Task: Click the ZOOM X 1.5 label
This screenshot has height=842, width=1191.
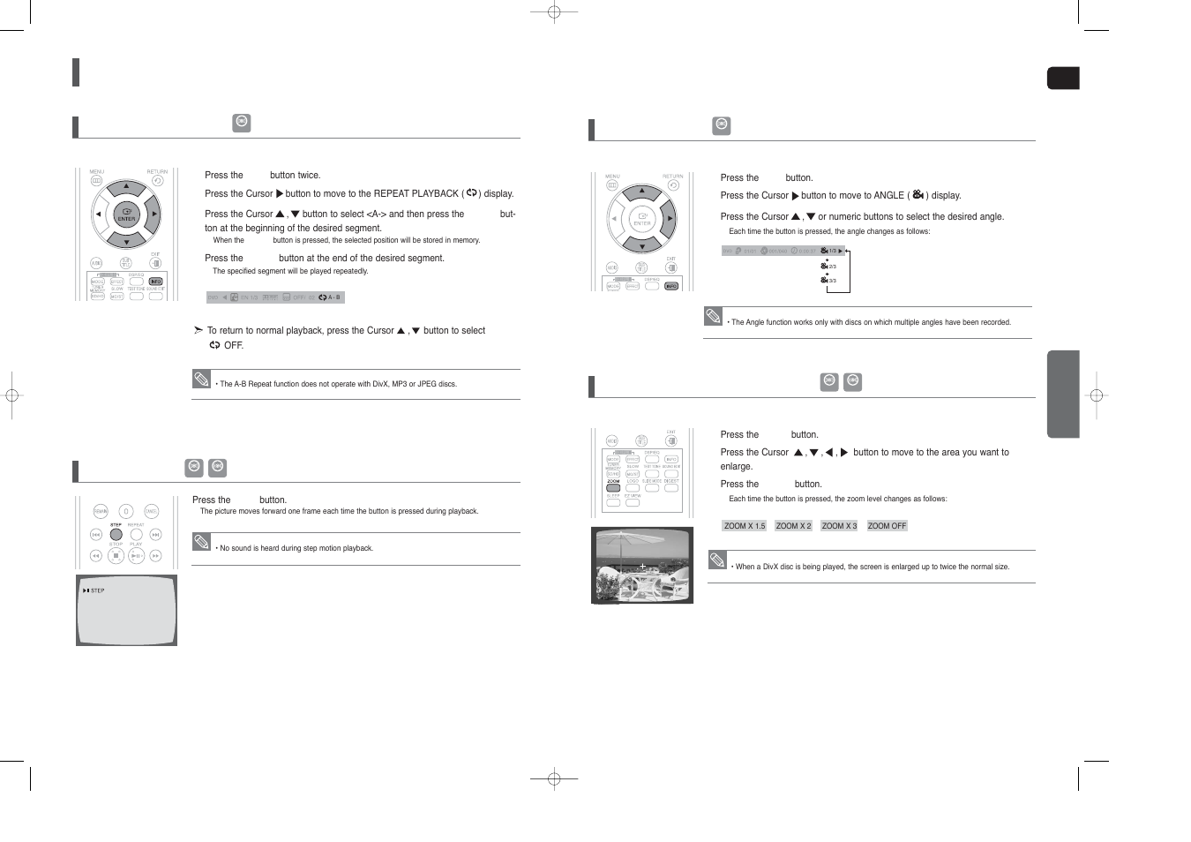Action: click(744, 526)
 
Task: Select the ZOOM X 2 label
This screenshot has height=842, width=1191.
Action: click(793, 526)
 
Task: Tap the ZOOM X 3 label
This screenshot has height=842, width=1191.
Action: click(839, 526)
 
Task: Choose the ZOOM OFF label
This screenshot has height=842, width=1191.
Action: click(887, 526)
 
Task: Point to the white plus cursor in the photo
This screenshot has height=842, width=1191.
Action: click(643, 566)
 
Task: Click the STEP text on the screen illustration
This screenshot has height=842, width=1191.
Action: click(97, 590)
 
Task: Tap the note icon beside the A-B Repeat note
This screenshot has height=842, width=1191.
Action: click(202, 380)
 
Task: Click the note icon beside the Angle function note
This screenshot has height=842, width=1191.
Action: click(714, 316)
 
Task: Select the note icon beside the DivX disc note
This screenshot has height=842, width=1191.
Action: click(717, 560)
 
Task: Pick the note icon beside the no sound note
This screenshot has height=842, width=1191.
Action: click(202, 542)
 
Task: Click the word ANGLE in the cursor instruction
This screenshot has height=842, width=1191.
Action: click(888, 196)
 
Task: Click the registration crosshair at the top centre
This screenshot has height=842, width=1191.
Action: click(554, 12)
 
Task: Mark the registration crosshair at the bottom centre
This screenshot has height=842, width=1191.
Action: click(554, 778)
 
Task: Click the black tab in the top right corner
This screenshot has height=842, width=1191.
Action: click(1063, 79)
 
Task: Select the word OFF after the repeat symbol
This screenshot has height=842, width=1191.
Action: click(234, 346)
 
